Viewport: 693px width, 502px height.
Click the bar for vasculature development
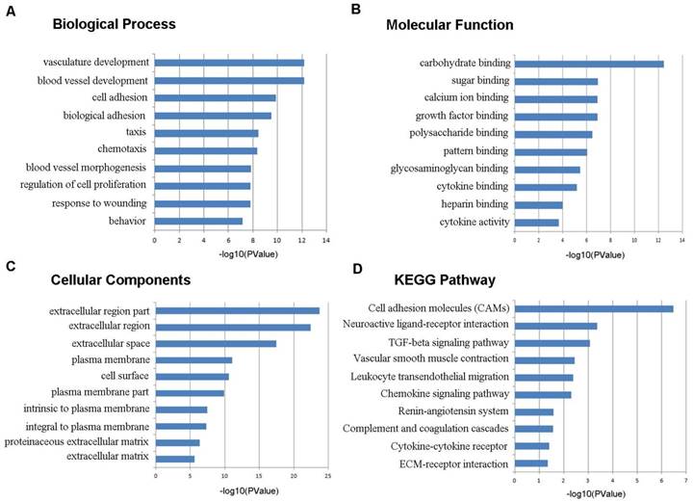(x=229, y=63)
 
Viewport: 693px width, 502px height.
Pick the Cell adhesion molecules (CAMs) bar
(x=593, y=308)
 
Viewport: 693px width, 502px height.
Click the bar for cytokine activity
(x=536, y=222)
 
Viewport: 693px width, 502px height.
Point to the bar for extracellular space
(x=216, y=343)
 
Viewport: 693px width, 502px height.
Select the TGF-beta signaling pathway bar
(x=552, y=342)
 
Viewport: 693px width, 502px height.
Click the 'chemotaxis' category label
(x=122, y=149)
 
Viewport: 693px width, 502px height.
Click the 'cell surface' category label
(x=125, y=376)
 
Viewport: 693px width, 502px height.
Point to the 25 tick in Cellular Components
(x=328, y=477)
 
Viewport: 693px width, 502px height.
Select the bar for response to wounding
(x=202, y=203)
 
